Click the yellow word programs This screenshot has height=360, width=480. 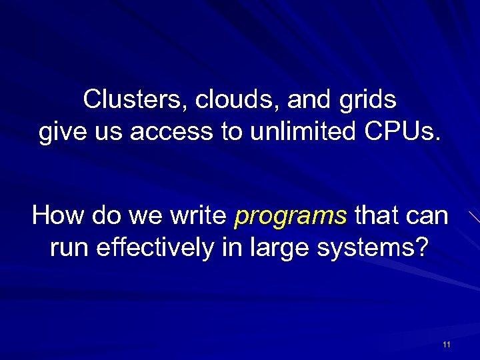click(291, 217)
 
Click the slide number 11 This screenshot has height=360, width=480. click(446, 345)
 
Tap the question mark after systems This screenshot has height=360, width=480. click(421, 247)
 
